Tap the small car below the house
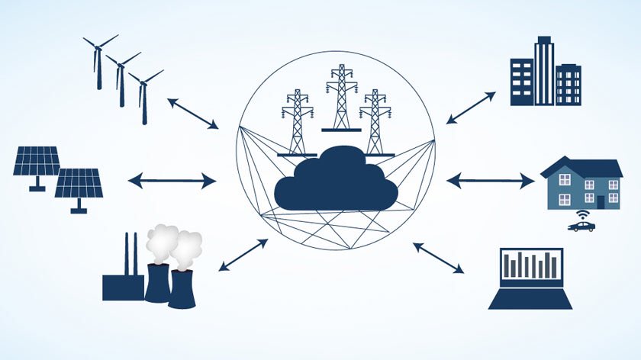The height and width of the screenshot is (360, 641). coord(581,226)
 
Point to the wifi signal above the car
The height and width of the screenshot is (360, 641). coord(581,214)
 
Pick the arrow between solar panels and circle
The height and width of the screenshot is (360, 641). coord(172,181)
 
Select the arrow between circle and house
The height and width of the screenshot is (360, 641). coord(490,181)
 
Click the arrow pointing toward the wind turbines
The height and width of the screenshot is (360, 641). coord(193,113)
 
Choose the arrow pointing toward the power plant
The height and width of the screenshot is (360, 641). coord(243,255)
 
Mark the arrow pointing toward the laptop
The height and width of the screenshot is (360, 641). coord(438,258)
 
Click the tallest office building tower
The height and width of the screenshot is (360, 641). coord(544,71)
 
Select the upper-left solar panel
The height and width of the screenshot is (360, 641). coord(37,161)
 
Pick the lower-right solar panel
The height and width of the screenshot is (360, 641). coord(79,184)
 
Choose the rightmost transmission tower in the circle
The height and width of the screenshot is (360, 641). coord(375,122)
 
